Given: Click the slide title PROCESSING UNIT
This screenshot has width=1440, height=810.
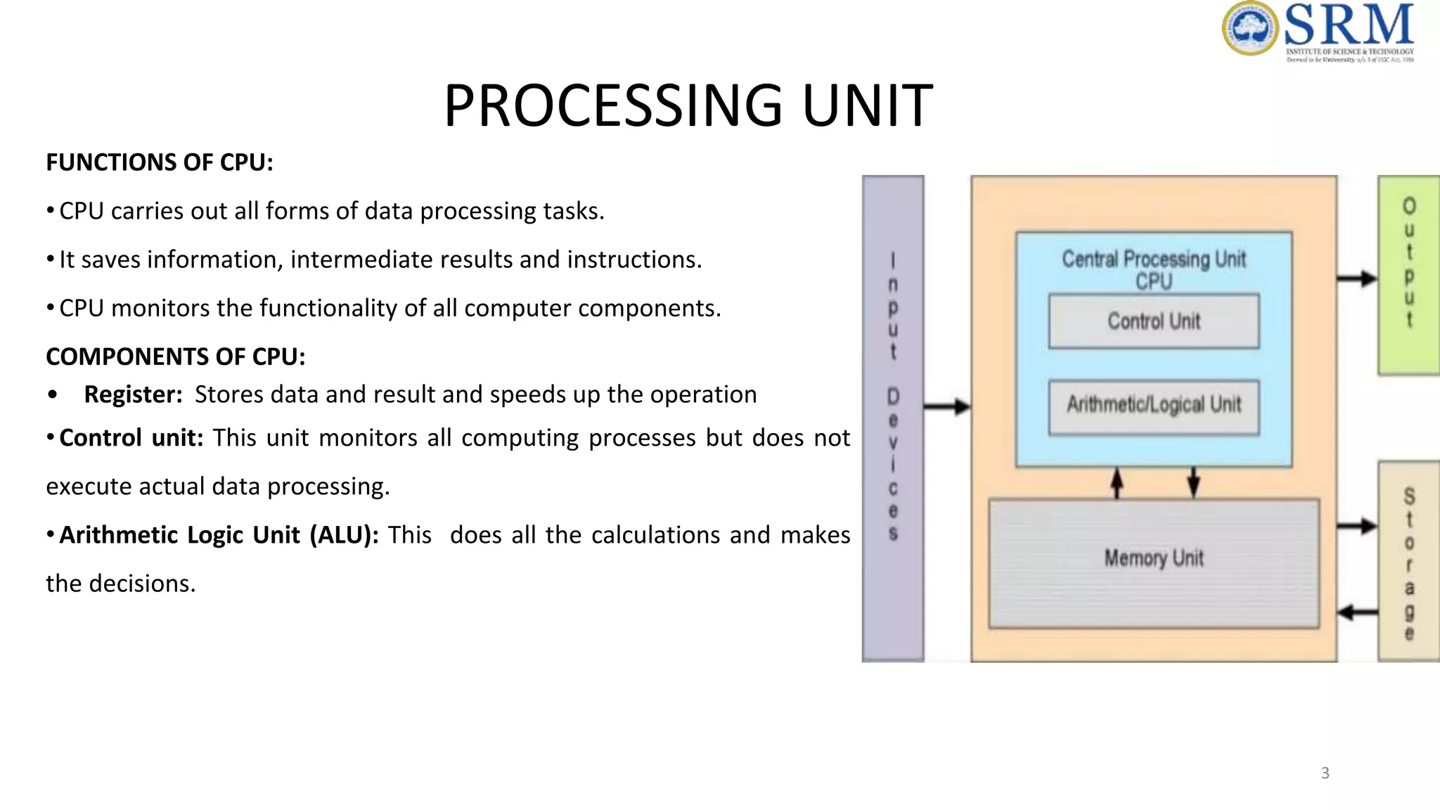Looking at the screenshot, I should point(688,105).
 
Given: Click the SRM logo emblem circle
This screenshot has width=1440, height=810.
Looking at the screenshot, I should point(1249,28).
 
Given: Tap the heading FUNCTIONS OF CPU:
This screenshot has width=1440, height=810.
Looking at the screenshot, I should point(160,162).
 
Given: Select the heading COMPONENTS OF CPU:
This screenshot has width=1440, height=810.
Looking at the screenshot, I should point(176,356).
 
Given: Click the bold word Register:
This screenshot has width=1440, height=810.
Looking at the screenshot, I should point(133,394).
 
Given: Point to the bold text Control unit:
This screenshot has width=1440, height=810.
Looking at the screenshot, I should point(131,438).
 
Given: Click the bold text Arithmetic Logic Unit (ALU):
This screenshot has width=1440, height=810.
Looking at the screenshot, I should point(219,535).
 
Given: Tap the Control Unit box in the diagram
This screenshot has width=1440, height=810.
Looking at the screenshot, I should point(1153,321).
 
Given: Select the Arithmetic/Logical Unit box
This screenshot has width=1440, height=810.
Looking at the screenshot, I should point(1153,406).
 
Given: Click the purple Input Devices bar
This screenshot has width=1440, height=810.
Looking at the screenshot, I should point(893,418).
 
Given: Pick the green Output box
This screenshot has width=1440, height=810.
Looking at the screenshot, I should point(1408,274).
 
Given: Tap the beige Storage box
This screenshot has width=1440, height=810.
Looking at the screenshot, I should point(1408,560).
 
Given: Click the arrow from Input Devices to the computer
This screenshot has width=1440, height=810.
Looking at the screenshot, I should point(946,406).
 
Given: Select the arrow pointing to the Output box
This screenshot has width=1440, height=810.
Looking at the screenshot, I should point(1356,278).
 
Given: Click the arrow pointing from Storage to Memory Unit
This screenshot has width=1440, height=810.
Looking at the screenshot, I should point(1356,612).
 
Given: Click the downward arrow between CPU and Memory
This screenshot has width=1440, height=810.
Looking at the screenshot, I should point(1193,482).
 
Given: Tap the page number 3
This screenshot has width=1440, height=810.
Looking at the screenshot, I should point(1325,773).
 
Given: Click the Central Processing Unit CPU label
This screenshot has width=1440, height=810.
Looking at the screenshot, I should point(1153,269).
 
